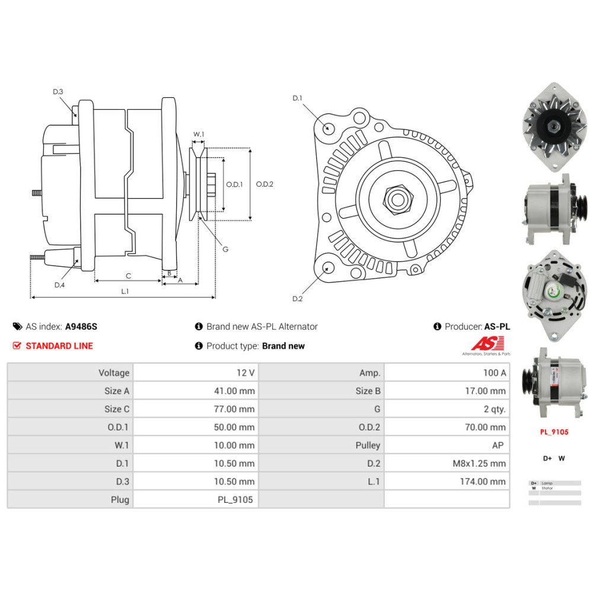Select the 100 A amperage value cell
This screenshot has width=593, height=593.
coord(495,373)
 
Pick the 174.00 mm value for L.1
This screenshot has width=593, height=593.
coord(483,482)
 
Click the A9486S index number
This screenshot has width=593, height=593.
coord(81,327)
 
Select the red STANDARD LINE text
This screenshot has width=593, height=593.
coord(59,346)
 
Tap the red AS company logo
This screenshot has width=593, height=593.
coord(487,343)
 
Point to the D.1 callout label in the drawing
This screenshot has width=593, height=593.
coord(298,98)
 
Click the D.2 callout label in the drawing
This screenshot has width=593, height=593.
coord(298,299)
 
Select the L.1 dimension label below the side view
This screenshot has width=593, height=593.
coord(125,291)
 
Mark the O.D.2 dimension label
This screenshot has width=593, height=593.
coord(264,184)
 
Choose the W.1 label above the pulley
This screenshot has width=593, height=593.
coord(199,135)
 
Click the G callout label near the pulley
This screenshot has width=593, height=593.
coord(225,249)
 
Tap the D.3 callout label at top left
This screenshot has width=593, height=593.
coord(58,91)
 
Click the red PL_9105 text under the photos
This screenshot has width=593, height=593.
coord(554,432)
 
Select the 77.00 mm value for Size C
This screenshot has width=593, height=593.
coord(234,409)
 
